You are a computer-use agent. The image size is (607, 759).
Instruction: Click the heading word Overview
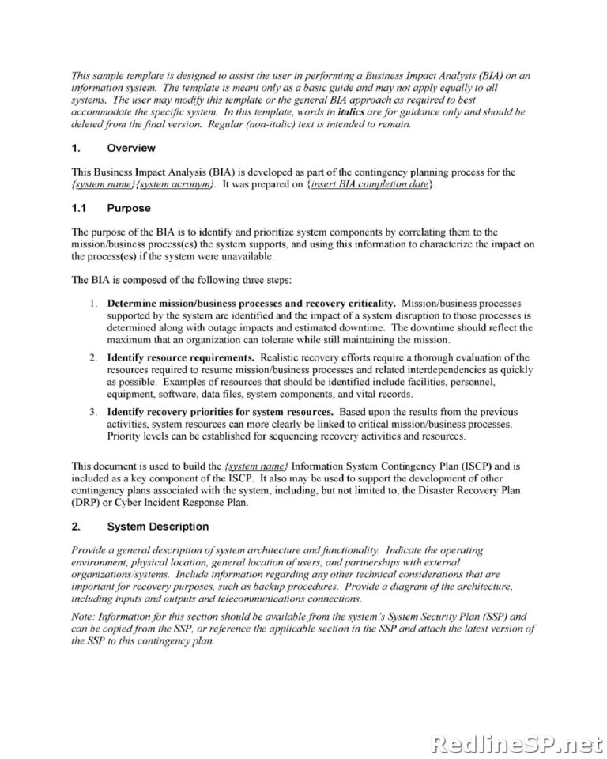pos(130,148)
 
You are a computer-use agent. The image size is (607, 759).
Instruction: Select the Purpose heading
pos(128,208)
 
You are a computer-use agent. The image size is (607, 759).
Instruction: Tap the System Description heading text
pos(157,527)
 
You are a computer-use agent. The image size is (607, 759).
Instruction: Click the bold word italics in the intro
pos(350,112)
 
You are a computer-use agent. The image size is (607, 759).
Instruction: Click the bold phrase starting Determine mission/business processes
pos(251,304)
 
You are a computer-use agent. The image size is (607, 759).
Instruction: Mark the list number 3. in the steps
pos(93,413)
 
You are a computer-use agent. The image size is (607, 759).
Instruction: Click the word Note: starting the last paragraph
pos(85,617)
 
